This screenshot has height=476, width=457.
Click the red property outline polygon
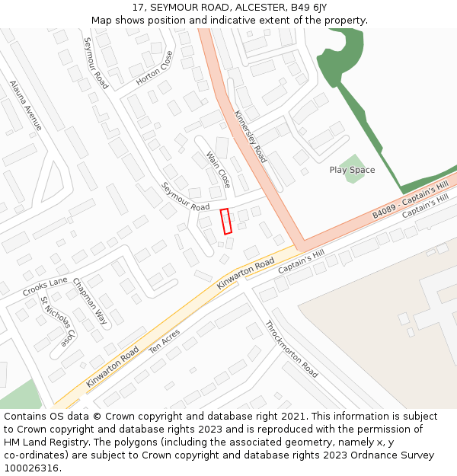(225, 221)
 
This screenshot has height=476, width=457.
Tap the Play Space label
(352, 170)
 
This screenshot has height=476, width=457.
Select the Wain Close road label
(219, 170)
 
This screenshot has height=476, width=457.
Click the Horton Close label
(155, 68)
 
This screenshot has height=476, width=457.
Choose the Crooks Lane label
(45, 287)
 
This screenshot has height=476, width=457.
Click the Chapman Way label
(90, 302)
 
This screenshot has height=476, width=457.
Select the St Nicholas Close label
(59, 321)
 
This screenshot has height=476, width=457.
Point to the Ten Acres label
(165, 341)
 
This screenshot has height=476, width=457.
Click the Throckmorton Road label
(291, 349)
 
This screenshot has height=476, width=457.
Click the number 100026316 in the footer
(30, 468)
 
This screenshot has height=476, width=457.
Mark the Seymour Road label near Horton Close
(96, 63)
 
